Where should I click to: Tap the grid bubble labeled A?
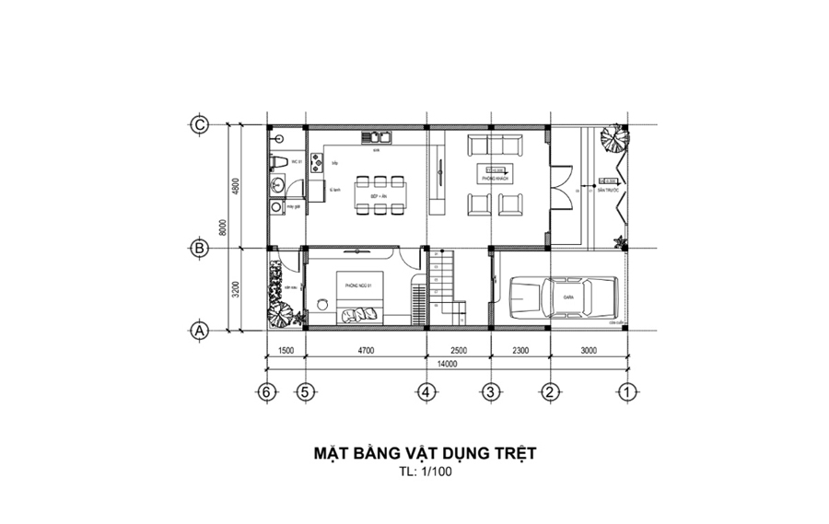click(198, 330)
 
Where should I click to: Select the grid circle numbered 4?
click(426, 391)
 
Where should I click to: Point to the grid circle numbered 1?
click(626, 391)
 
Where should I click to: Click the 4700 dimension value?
click(366, 351)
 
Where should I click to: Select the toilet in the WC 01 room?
click(279, 163)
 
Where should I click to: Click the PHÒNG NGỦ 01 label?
click(357, 286)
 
